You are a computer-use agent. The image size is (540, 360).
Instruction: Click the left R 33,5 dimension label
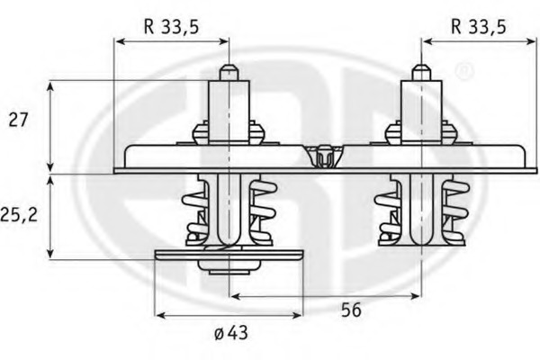tap(172, 26)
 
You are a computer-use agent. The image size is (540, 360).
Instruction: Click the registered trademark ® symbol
tap(463, 69)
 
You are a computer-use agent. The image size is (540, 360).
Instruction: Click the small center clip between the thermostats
tap(323, 156)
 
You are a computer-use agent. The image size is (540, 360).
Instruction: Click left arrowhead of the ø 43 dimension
tap(160, 315)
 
